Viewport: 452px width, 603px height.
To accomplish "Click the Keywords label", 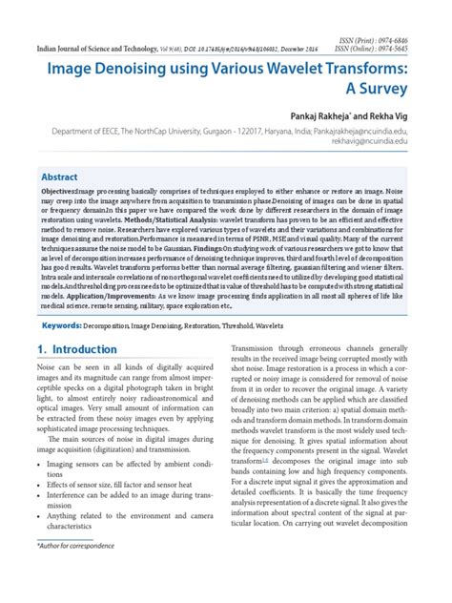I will pyautogui.click(x=60, y=352).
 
